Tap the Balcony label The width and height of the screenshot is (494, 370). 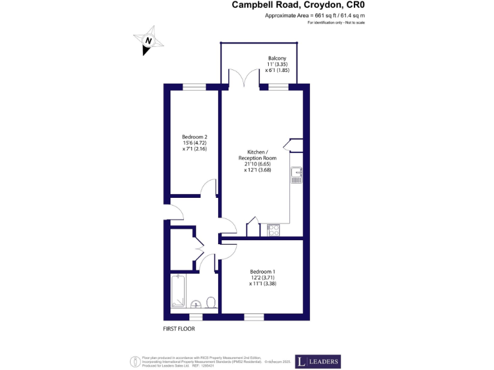(277, 58)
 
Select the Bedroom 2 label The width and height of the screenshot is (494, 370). (194, 137)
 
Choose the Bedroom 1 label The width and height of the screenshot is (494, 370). (262, 271)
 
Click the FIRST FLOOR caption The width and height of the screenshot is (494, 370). (179, 328)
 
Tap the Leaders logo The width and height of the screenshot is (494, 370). (318, 362)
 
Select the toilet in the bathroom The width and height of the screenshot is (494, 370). (210, 302)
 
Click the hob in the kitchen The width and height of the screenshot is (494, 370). (273, 228)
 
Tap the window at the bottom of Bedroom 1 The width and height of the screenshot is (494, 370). (253, 316)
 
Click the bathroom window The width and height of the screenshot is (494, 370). (196, 316)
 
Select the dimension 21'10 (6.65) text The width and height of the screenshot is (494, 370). (257, 164)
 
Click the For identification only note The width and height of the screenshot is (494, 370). (336, 22)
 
